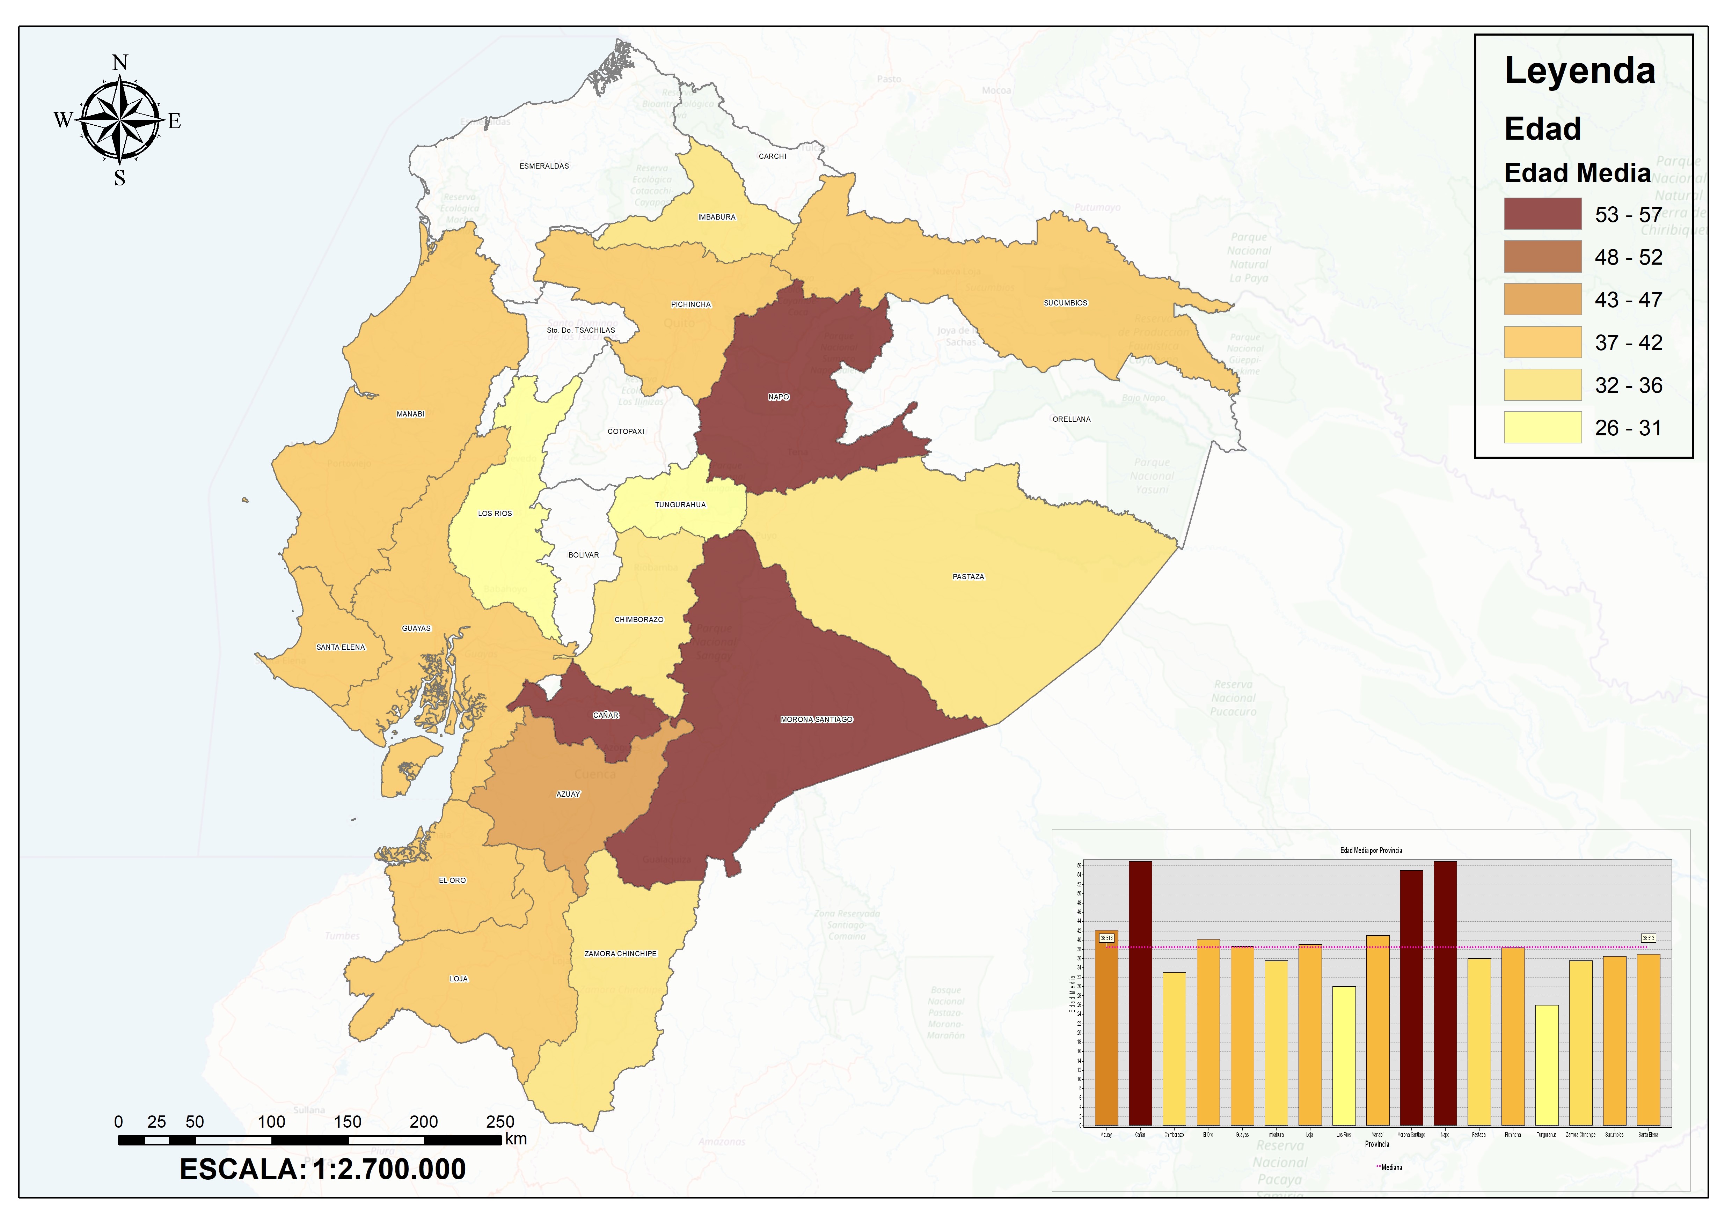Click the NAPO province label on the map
tap(779, 397)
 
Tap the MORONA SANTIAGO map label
tap(816, 720)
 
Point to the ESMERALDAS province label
tap(544, 166)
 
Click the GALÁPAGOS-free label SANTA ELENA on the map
tap(340, 647)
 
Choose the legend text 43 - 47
tap(1628, 300)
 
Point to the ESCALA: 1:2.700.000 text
tap(323, 1169)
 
